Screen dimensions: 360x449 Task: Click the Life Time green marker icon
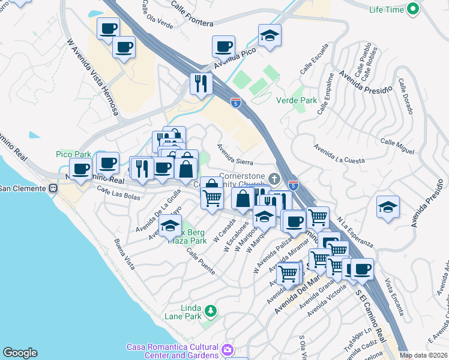coord(412,9)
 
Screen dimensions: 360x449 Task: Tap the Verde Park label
coord(296,100)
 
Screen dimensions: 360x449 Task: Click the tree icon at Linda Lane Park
coord(211,310)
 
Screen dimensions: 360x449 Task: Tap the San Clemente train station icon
coord(53,188)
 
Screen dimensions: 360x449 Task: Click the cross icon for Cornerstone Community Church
coord(274,178)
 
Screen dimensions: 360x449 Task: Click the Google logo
coord(20,353)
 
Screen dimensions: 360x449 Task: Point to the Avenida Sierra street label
coord(235,154)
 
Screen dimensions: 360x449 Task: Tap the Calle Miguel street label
coord(397,145)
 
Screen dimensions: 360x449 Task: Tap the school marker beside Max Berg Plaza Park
coord(170,227)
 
